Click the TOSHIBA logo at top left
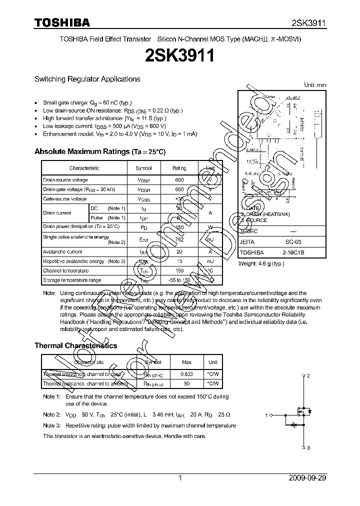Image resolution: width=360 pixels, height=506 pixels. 62,22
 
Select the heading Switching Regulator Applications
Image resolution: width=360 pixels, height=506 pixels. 87,79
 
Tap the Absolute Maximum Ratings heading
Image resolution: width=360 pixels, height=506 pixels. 99,151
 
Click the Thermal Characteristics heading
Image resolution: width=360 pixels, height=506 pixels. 75,345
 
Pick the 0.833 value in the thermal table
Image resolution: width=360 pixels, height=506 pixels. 186,374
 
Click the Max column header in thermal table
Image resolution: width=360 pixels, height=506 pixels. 186,362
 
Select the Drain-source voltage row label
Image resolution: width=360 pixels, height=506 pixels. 65,180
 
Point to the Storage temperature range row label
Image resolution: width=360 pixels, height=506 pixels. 72,280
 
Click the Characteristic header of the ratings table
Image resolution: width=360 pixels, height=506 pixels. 84,168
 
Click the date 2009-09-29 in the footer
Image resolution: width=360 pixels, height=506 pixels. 307,478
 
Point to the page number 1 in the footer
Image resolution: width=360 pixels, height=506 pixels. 180,478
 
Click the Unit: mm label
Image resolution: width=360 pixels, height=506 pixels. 315,85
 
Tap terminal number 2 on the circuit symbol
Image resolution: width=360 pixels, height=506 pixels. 308,375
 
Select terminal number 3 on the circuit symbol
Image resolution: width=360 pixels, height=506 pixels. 308,447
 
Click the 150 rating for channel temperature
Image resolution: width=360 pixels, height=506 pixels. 179,270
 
